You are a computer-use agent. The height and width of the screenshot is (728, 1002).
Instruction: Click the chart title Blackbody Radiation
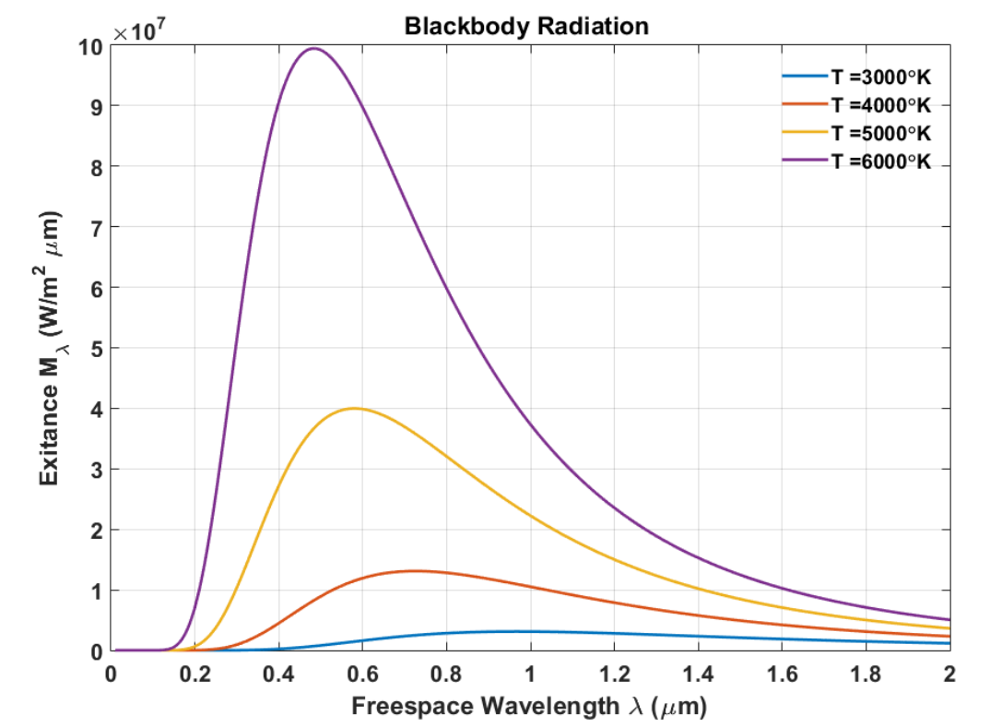526,26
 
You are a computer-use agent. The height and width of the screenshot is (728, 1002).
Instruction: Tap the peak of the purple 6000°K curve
313,49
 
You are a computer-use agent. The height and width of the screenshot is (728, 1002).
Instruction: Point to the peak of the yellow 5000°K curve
354,408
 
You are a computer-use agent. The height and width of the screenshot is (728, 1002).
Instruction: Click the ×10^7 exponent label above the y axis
138,32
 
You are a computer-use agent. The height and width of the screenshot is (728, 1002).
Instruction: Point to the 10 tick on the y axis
90,45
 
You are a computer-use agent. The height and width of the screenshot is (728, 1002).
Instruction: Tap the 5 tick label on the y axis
96,348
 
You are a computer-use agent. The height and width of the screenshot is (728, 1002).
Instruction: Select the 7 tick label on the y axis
96,227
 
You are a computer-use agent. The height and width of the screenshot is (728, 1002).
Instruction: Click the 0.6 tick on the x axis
362,672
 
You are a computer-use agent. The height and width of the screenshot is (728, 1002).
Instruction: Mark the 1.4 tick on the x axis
698,672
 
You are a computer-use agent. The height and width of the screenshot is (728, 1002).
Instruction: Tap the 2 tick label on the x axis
949,672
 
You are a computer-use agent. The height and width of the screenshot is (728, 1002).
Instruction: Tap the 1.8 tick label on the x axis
866,672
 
